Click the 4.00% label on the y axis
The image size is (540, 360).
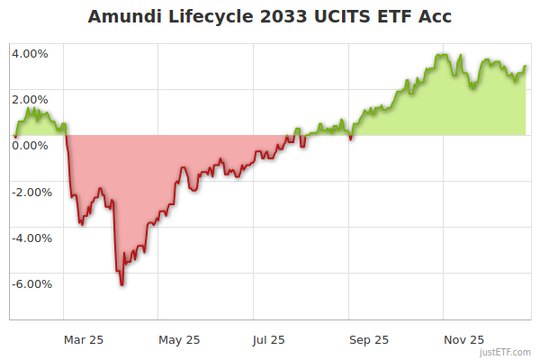tap(31, 53)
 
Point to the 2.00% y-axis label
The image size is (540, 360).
tap(31, 99)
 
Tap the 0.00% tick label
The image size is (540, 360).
tap(31, 145)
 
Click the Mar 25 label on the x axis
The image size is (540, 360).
tap(83, 339)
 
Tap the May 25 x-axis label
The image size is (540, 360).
tap(179, 339)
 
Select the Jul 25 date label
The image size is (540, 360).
tap(268, 339)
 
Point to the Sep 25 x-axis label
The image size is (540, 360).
tap(369, 339)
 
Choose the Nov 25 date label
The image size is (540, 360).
tap(465, 339)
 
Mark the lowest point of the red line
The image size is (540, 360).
tap(121, 284)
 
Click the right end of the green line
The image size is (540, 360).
tap(526, 67)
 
